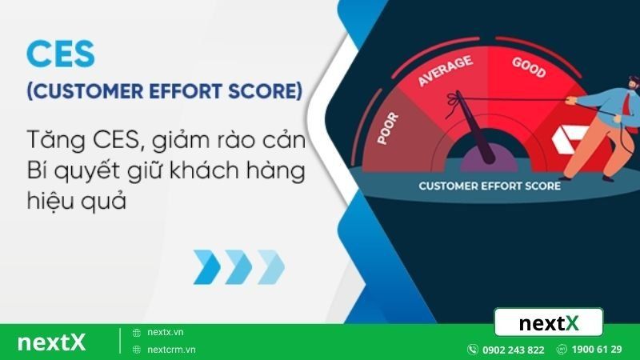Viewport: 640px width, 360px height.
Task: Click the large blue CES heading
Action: coord(61,54)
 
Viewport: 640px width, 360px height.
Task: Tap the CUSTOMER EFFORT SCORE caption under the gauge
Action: coord(490,186)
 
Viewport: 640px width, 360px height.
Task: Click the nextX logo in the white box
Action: coord(548,323)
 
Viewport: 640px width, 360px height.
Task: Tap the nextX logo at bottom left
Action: coord(51,342)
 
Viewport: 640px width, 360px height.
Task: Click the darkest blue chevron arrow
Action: coord(207,266)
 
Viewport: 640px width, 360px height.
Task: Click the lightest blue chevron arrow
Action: coord(270,266)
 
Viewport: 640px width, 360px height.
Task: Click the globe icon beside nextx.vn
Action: coord(137,332)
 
